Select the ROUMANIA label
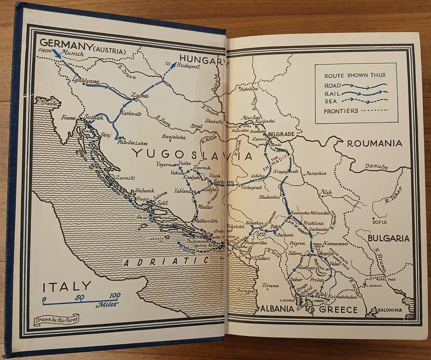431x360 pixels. point(374,143)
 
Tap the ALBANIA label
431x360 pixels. point(276,309)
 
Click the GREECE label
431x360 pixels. point(338,310)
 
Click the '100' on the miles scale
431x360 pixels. point(114,296)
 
